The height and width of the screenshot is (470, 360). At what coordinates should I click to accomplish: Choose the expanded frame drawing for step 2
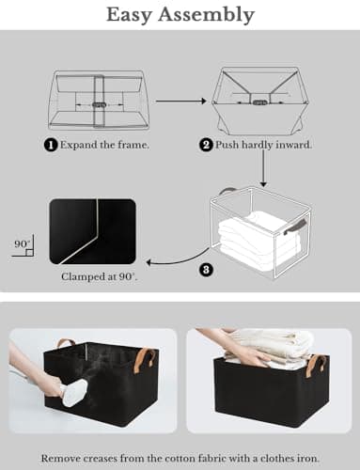tap(256, 99)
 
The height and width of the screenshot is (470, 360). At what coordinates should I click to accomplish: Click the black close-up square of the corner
tap(92, 230)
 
